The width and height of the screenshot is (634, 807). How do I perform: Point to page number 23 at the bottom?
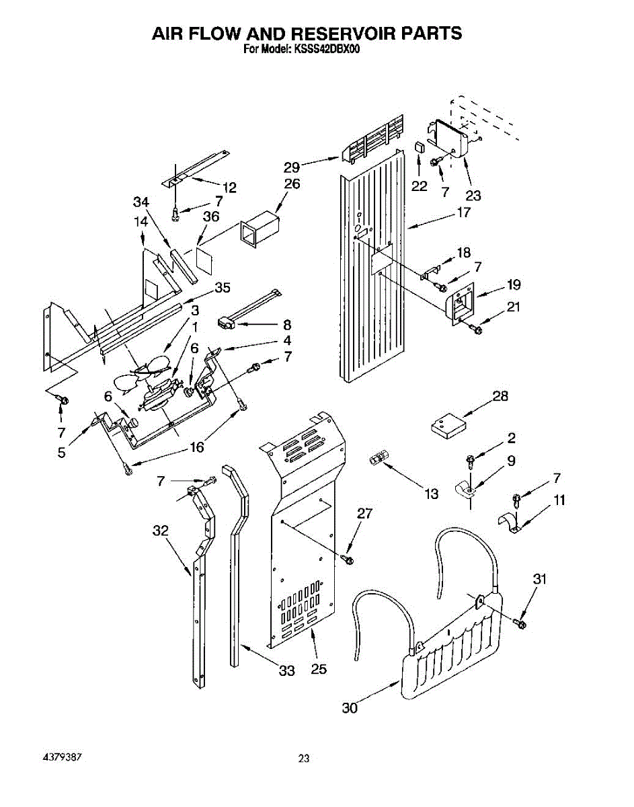point(304,759)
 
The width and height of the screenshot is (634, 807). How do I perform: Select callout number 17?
point(463,213)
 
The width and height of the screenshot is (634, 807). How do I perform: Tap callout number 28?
point(500,396)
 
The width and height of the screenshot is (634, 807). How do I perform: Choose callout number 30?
point(350,707)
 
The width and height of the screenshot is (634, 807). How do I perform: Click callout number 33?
point(287,670)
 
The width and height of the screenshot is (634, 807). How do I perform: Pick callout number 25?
point(319,669)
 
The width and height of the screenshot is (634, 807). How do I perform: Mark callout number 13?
point(431,494)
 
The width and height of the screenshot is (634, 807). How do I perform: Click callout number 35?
point(222,288)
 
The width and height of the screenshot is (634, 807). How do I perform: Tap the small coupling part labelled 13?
point(378,460)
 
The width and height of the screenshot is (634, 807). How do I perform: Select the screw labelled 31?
point(522,623)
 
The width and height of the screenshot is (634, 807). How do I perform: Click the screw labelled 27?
point(348,558)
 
